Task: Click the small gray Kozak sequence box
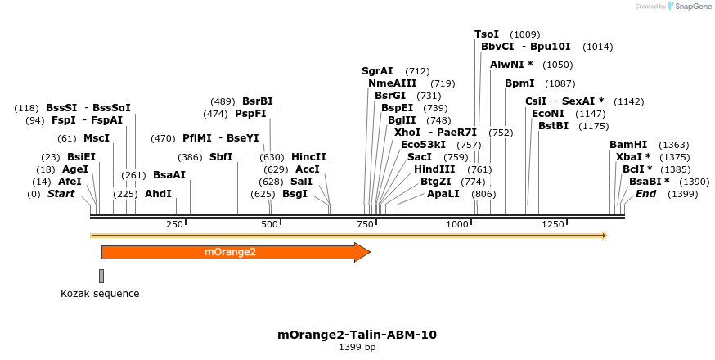click(101, 276)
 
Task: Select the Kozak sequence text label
click(100, 293)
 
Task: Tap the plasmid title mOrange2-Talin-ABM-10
click(357, 335)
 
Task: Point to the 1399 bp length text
click(357, 348)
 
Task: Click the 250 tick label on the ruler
click(175, 224)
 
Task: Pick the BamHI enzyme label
click(628, 145)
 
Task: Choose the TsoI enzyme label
click(487, 34)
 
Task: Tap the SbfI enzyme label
click(221, 157)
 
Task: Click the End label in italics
click(646, 194)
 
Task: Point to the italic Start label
click(61, 194)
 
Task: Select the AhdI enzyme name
click(159, 194)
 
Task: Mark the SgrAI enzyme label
click(377, 71)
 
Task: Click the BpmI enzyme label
click(519, 83)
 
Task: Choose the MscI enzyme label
click(97, 138)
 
